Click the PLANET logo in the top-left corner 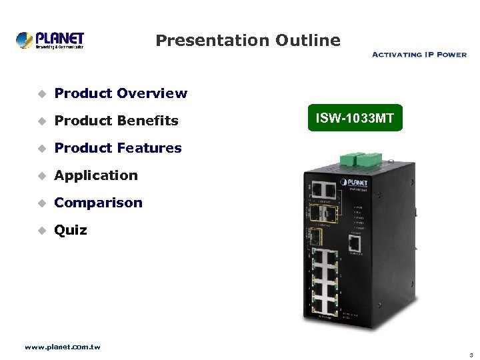point(50,40)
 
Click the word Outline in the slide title point(309,41)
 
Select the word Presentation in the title point(212,41)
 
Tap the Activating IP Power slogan point(419,55)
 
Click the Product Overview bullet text point(121,93)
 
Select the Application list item point(96,175)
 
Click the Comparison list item point(98,203)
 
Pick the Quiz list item point(71,230)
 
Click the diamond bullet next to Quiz point(41,231)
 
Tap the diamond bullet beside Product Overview point(41,94)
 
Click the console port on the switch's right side point(354,243)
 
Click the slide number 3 point(470,354)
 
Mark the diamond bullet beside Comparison point(41,203)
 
